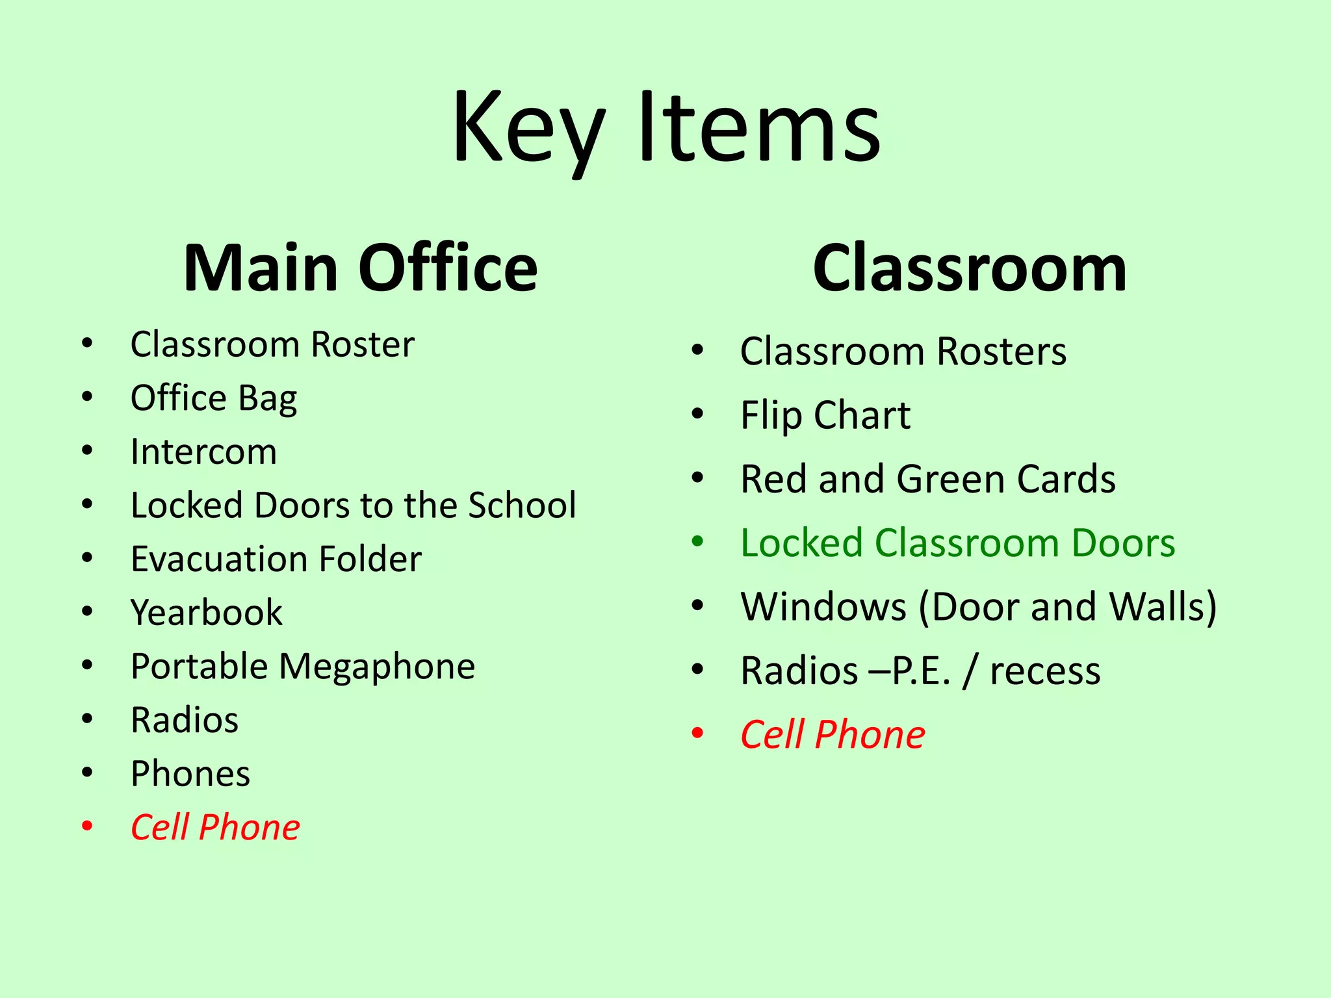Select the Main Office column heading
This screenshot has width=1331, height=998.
point(360,268)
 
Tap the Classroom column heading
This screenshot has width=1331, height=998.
point(969,268)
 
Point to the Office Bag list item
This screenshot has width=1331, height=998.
point(214,398)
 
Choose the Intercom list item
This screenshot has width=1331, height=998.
point(203,452)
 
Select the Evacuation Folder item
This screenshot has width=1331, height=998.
point(276,559)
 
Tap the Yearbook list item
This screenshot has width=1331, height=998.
point(207,613)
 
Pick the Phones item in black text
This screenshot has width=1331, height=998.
point(190,773)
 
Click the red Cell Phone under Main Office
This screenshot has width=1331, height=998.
point(215,827)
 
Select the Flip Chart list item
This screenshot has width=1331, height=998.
point(825,415)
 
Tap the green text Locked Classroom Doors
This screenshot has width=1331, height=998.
point(957,543)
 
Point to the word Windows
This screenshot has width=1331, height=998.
point(823,606)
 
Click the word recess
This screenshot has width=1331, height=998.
point(1045,671)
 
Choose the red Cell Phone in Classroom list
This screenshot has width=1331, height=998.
point(833,734)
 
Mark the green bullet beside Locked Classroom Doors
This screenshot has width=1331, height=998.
point(698,541)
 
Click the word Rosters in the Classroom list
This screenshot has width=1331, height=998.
point(1001,352)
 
